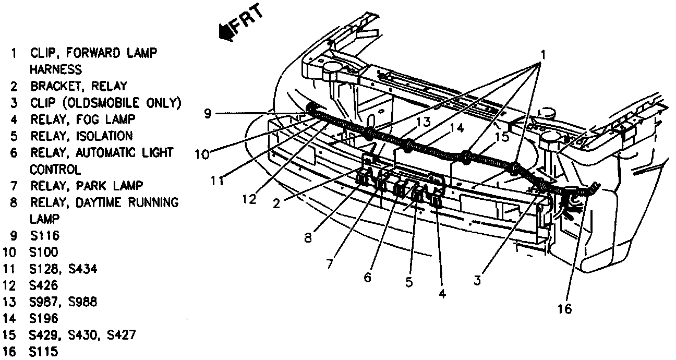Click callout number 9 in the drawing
click(208, 113)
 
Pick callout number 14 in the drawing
click(457, 127)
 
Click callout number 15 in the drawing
click(501, 137)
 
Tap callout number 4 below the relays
click(442, 294)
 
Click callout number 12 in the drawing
click(249, 199)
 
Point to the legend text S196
click(45, 318)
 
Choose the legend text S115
click(45, 351)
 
